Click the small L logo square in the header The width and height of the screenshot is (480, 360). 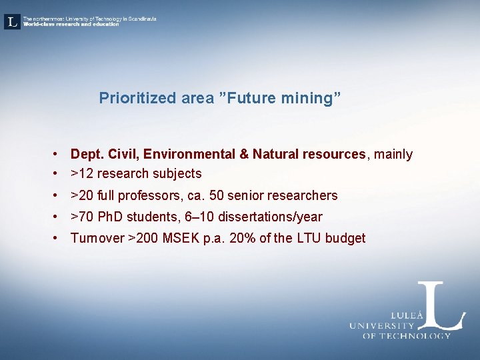(12, 22)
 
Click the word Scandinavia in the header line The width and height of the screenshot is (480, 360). (139, 19)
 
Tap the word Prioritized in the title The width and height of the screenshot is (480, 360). (137, 99)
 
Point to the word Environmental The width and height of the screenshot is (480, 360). (189, 155)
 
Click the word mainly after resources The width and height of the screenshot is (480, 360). (393, 155)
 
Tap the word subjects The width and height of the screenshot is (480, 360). (177, 174)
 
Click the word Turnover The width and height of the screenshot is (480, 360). (97, 239)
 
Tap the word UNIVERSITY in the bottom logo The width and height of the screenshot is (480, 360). (382, 326)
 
